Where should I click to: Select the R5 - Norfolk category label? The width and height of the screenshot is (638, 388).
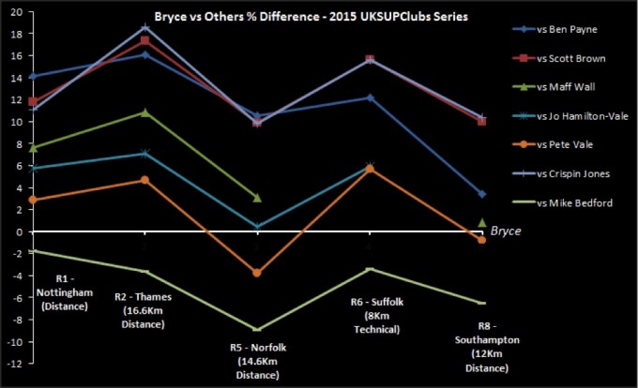257,361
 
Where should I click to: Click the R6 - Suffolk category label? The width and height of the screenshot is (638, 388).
372,316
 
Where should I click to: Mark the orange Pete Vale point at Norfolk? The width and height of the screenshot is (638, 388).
257,273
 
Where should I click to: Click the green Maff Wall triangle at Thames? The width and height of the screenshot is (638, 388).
144,112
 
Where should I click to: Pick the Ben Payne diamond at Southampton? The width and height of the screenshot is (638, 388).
481,194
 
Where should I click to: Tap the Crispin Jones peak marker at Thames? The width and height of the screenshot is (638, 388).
144,27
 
